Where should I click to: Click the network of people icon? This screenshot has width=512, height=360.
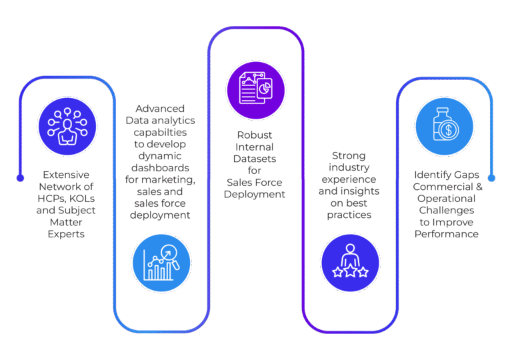pos(67,127)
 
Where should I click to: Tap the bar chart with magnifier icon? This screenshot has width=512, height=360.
pos(161,262)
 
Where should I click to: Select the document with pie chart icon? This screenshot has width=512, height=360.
pos(256,89)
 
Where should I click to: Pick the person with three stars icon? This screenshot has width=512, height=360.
pos(350,262)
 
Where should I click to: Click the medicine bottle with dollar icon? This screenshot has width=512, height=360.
pos(444,127)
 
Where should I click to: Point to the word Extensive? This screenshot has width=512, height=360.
pos(67,175)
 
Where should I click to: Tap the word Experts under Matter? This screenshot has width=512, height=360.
pos(67,235)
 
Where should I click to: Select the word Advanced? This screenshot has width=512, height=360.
pos(160,109)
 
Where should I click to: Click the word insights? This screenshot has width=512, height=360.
pos(363,192)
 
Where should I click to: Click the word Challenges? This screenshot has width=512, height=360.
pos(446,211)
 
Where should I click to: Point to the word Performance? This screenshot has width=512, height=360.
pos(446,235)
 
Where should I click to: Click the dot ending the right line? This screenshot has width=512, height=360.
pos(492,178)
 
